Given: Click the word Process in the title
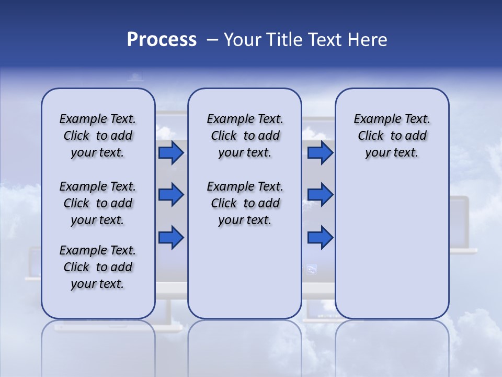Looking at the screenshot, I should (162, 40).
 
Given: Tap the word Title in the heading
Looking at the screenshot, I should (283, 40).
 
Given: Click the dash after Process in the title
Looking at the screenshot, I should (212, 40).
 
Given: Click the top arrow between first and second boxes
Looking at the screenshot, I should (171, 153).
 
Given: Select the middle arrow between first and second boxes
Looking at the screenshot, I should (171, 195).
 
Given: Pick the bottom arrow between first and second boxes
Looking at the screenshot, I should (171, 237).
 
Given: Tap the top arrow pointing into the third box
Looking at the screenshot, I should (320, 153).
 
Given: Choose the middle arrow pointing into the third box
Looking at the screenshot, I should (320, 195).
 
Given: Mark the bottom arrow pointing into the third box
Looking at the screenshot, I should (320, 237).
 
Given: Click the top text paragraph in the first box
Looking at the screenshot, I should (98, 136).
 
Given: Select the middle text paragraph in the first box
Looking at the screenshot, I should (98, 203).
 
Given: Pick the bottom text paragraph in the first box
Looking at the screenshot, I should (98, 267).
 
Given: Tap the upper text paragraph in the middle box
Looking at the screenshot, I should (245, 136).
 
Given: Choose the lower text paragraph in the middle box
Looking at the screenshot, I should (245, 203).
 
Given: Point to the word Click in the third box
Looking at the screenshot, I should (371, 136).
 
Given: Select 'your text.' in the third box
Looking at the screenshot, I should (392, 153).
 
